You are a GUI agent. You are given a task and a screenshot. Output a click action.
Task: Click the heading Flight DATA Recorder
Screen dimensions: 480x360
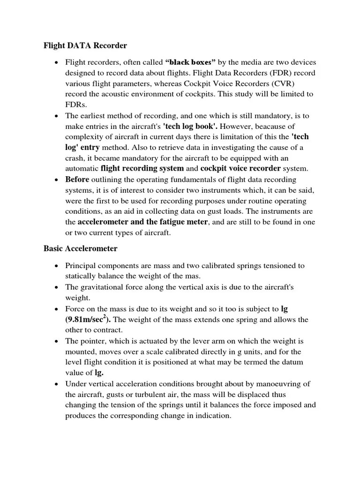click(85, 46)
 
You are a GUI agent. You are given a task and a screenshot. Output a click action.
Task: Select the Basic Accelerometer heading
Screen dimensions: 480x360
click(80, 248)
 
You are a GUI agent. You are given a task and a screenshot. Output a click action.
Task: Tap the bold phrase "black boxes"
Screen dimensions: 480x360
click(194, 62)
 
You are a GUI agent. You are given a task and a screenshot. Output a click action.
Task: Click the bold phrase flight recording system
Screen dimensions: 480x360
click(142, 168)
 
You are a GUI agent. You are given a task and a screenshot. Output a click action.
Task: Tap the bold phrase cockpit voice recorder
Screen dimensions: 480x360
click(240, 168)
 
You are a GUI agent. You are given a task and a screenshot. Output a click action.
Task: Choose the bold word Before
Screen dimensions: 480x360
click(77, 180)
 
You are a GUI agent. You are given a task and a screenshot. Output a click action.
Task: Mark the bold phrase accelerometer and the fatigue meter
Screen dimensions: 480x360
click(142, 222)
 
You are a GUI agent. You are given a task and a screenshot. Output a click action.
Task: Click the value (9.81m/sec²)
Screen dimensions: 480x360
click(89, 320)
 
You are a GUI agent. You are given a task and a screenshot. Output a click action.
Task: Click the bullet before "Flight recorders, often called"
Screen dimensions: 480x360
click(56, 62)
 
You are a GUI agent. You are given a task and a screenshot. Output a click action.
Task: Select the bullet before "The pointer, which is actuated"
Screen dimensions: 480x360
click(56, 342)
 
